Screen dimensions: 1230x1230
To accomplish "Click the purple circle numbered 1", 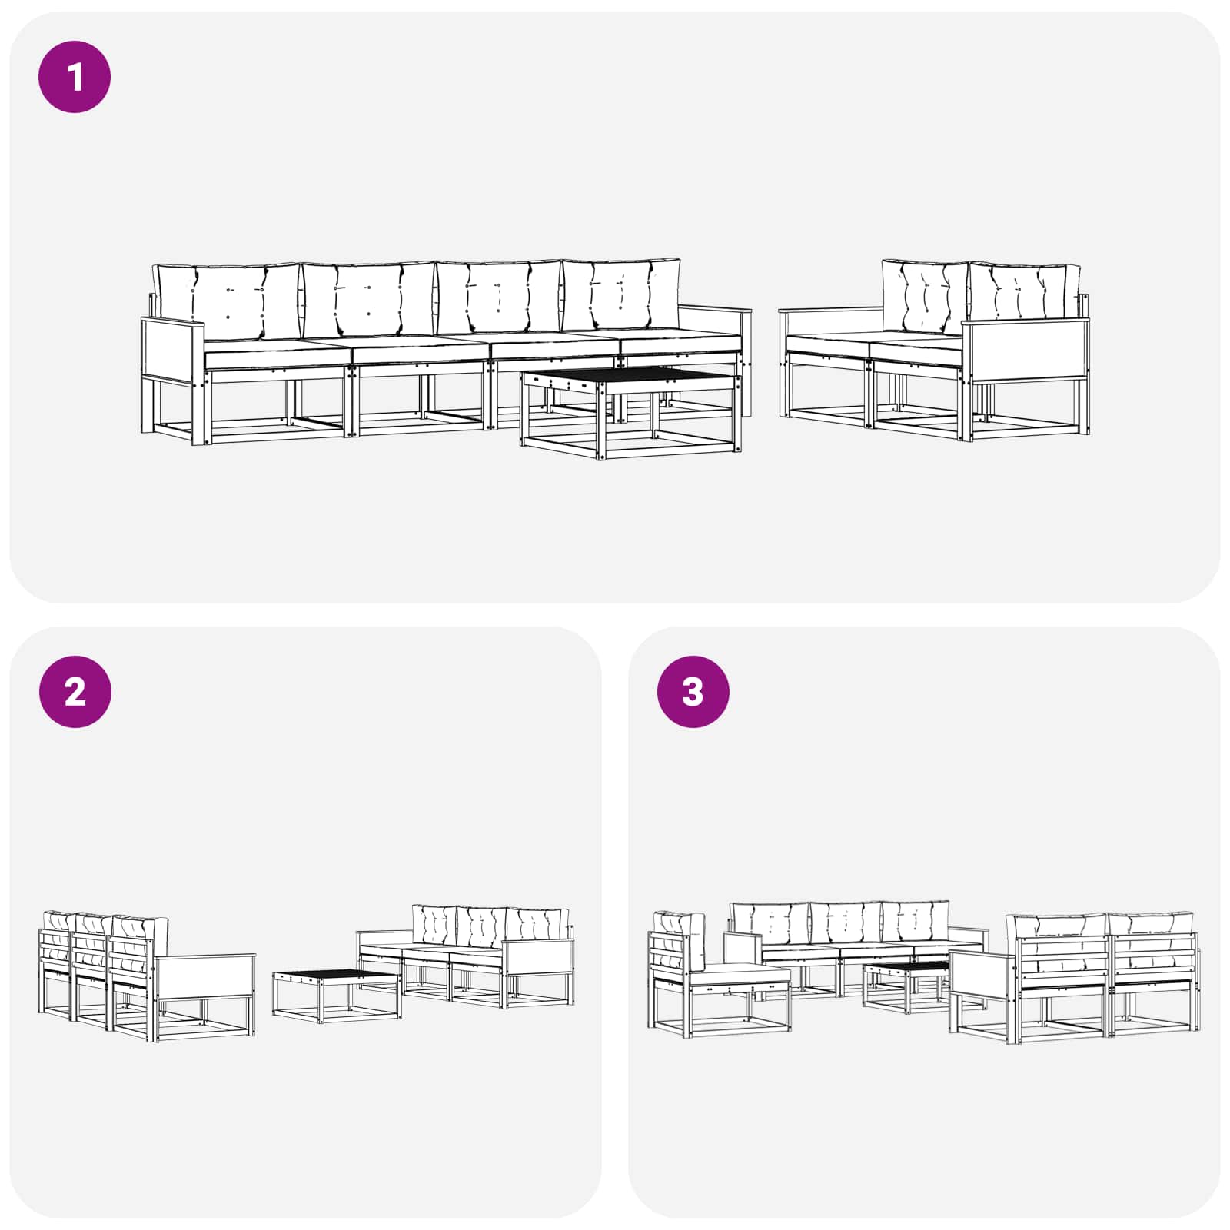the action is point(75,77).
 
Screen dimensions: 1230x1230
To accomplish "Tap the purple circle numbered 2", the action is point(75,692).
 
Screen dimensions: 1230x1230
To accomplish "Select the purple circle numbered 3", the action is point(693,692).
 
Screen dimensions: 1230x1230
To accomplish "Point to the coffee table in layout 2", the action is point(337,996).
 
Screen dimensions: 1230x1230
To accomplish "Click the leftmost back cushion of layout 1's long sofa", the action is point(226,301).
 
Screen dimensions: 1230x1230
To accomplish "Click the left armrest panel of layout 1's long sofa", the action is point(174,350).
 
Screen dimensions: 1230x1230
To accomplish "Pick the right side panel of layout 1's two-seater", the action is point(1026,351).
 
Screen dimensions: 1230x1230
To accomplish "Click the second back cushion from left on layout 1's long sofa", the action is point(369,300).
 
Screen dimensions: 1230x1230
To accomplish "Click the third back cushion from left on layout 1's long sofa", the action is point(498,297).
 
